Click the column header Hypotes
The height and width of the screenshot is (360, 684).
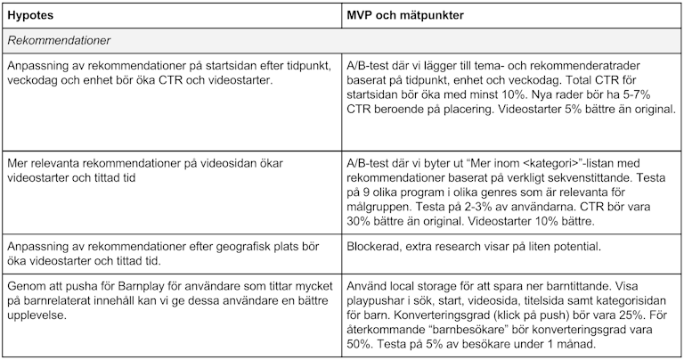pyautogui.click(x=31, y=16)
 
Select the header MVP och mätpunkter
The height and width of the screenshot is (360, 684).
pyautogui.click(x=405, y=16)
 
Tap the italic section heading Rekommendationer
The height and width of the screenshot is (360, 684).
pyautogui.click(x=55, y=42)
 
